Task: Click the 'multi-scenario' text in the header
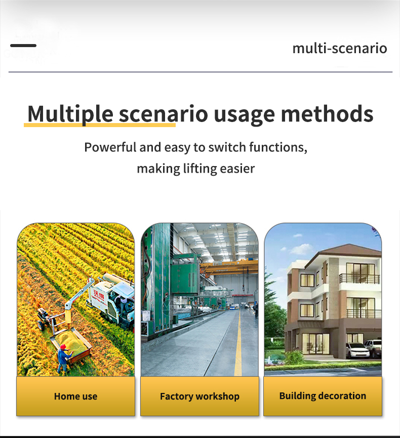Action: click(x=339, y=49)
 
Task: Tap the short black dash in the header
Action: click(x=23, y=46)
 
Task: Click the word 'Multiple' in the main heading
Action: click(x=70, y=114)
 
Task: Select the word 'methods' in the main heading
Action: click(x=327, y=114)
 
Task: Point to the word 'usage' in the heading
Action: click(x=244, y=114)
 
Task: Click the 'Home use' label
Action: click(x=75, y=396)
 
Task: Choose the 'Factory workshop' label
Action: click(x=199, y=396)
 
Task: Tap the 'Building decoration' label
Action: click(x=323, y=396)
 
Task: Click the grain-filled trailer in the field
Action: click(x=70, y=340)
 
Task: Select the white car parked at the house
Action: click(x=357, y=350)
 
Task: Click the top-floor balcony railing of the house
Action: click(x=360, y=279)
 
